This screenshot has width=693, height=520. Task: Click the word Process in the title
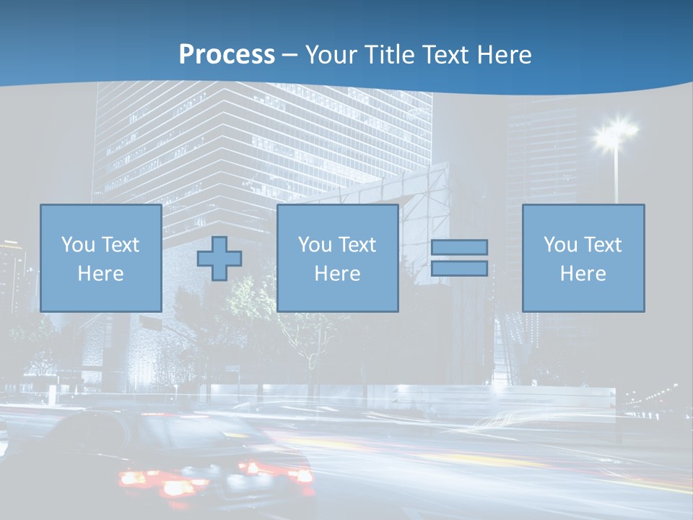pyautogui.click(x=227, y=55)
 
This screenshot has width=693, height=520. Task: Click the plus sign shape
pyautogui.click(x=219, y=259)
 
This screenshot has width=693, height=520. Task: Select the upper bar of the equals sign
pyautogui.click(x=459, y=247)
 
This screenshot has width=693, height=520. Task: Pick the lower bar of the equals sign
pyautogui.click(x=459, y=269)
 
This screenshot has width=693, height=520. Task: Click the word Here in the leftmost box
pyautogui.click(x=100, y=274)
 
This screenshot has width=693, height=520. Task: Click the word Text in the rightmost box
pyautogui.click(x=602, y=245)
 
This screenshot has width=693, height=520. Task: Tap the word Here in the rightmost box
pyautogui.click(x=583, y=274)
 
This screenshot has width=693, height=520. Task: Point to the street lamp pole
pyautogui.click(x=616, y=177)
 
